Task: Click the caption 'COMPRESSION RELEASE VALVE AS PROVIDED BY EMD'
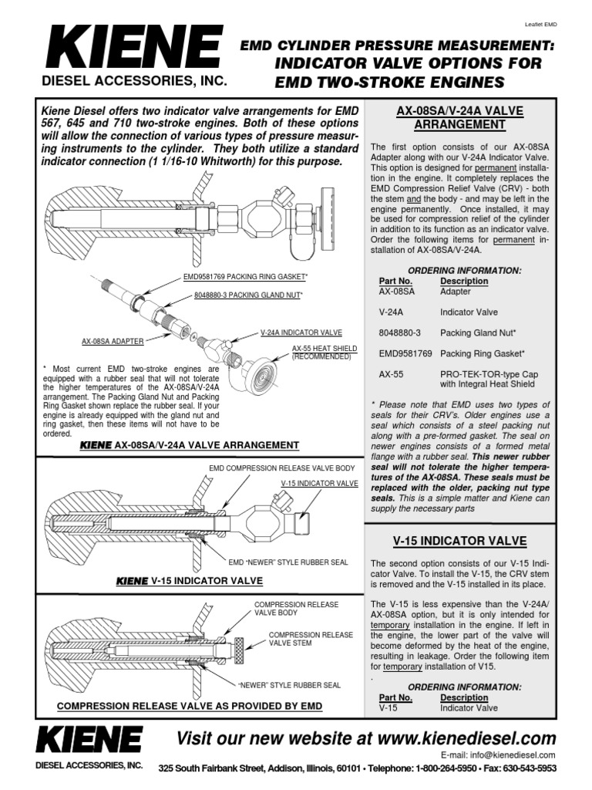[x=189, y=706]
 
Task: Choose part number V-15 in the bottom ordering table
[x=388, y=706]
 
